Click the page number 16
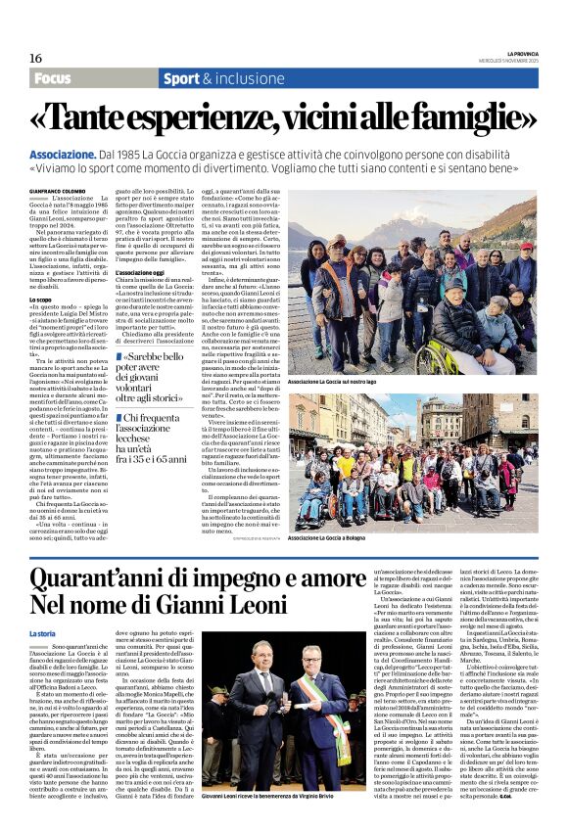(x=35, y=58)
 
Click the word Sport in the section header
(x=183, y=78)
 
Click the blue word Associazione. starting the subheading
(x=62, y=155)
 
